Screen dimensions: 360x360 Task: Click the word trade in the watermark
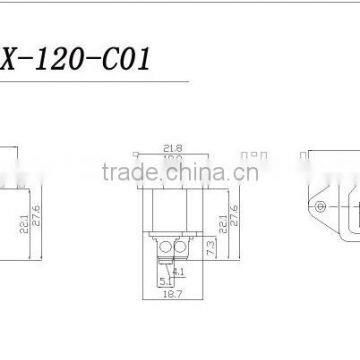tap(123, 169)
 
